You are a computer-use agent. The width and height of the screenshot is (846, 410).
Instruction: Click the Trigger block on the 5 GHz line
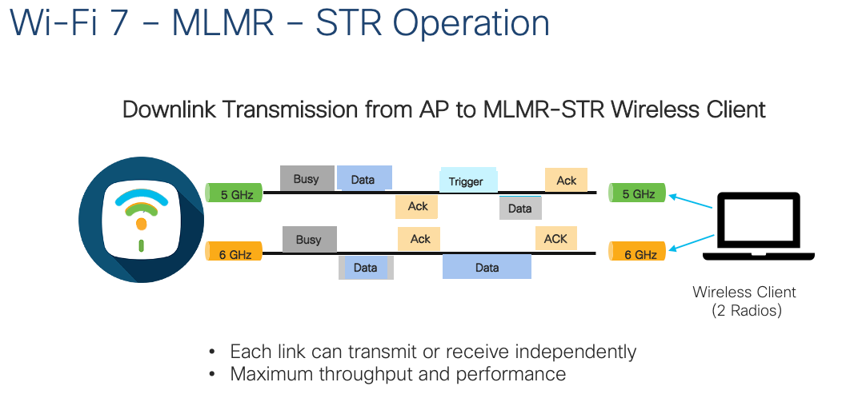[468, 181]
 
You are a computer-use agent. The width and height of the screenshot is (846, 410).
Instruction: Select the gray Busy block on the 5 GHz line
[307, 178]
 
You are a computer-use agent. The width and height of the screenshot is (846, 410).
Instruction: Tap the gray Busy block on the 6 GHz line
[308, 239]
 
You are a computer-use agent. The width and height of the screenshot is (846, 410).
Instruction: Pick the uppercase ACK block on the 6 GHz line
[555, 238]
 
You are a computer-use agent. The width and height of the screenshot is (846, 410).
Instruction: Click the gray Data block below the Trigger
[520, 208]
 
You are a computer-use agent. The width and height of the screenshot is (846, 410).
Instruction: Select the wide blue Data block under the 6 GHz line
[487, 267]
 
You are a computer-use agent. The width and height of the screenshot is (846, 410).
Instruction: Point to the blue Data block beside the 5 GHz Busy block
[364, 178]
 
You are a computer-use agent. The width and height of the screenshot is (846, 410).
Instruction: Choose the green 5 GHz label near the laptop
[637, 193]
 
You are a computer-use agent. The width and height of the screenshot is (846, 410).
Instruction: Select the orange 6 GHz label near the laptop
[639, 254]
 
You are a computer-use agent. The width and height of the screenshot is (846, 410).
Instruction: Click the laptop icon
[758, 226]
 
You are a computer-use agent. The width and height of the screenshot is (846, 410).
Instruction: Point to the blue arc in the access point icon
[141, 195]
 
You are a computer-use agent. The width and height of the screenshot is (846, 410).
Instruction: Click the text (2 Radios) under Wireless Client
[746, 310]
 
